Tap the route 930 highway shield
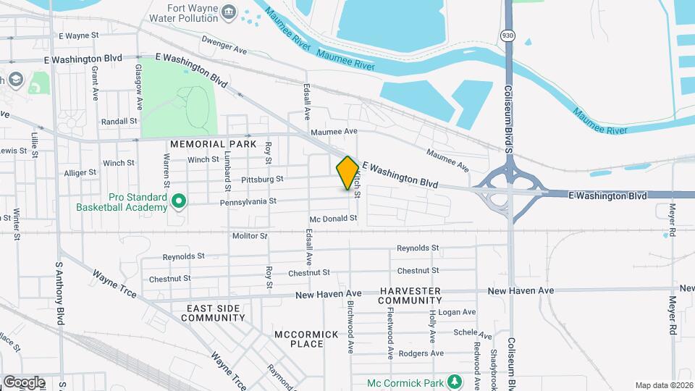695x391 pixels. (x=507, y=35)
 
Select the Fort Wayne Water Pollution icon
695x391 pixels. (x=229, y=11)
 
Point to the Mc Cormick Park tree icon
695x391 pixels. (x=454, y=380)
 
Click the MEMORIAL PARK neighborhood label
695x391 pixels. (x=214, y=144)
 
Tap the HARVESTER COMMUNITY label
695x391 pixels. (x=409, y=295)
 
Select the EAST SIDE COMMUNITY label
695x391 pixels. (x=213, y=313)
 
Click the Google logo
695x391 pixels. (x=24, y=382)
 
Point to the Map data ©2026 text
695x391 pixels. (x=664, y=385)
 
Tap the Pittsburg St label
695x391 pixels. (x=262, y=178)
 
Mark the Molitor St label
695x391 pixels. (x=250, y=236)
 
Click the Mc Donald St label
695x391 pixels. (x=333, y=219)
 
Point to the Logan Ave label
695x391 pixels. (x=458, y=312)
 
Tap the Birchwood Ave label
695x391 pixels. (x=350, y=333)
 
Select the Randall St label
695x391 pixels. (x=119, y=122)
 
